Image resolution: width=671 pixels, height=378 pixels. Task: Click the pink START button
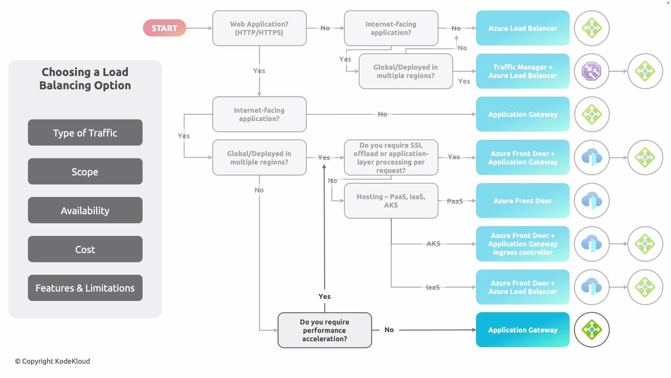coord(164,28)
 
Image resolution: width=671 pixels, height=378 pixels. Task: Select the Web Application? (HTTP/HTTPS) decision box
coord(259,28)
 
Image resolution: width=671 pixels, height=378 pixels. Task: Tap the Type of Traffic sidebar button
coord(85,133)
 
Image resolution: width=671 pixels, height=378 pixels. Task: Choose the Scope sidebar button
coord(85,171)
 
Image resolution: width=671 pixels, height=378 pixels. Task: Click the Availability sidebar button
coord(85,210)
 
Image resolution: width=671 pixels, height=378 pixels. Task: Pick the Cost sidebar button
coord(85,249)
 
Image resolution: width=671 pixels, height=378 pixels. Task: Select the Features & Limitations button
coord(85,288)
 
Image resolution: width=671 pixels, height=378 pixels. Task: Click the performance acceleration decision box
coord(324,330)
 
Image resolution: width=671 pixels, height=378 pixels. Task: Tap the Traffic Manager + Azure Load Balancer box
coord(522,71)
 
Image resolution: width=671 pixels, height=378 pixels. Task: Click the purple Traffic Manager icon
coord(591,71)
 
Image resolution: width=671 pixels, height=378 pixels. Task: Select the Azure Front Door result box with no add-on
coord(522,201)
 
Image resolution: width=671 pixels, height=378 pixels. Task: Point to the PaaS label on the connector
coord(455,201)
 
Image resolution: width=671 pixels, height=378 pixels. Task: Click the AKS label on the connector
coord(433,244)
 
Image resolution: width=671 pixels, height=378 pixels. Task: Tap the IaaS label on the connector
coord(433,287)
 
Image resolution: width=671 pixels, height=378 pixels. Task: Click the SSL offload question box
coord(391,157)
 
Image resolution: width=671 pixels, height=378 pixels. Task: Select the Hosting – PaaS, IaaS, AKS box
coord(391,201)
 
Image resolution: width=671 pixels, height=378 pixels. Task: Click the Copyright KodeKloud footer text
coord(52,361)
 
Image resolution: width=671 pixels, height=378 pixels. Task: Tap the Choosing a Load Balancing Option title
coord(85,79)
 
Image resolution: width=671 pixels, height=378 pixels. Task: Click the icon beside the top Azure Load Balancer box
coord(591,28)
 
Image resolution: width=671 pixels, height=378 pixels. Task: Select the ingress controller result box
coord(522,244)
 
